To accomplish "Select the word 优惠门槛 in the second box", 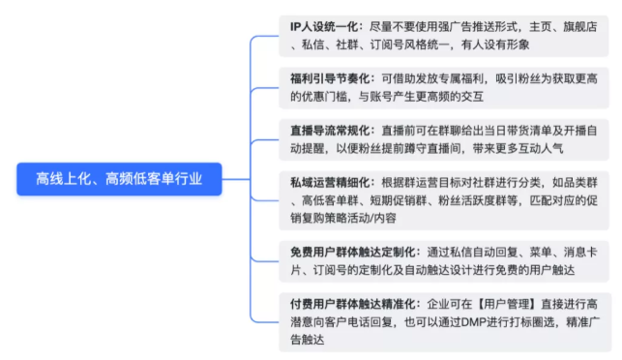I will coord(318,96).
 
